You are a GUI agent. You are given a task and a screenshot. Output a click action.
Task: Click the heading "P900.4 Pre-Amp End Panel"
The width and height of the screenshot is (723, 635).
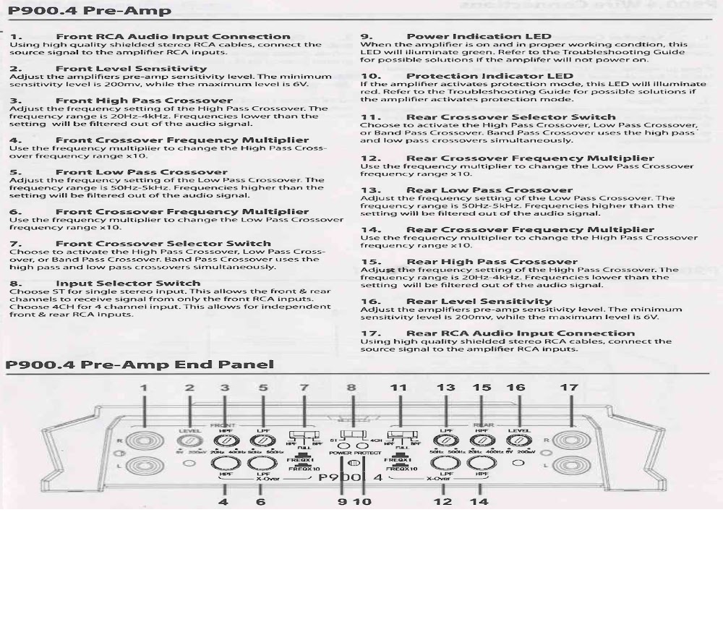click(x=140, y=365)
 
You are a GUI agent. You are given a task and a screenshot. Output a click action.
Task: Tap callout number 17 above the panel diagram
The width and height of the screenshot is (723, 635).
click(x=569, y=388)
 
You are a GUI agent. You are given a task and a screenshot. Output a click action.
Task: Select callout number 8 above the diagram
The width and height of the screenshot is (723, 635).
click(x=351, y=388)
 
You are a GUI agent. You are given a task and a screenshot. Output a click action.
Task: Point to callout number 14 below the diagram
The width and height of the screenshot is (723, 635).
click(x=479, y=501)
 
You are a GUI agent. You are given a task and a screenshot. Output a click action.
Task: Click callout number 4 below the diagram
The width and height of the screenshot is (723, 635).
click(x=223, y=501)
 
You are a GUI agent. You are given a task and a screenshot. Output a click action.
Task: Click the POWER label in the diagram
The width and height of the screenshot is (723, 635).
click(x=341, y=453)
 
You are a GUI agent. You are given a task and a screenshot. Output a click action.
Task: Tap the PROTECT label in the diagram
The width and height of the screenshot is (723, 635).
click(x=367, y=453)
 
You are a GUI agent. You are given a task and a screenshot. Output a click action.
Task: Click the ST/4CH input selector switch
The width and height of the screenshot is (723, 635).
click(x=351, y=438)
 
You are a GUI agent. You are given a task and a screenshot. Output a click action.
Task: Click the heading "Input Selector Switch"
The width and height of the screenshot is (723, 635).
click(x=128, y=284)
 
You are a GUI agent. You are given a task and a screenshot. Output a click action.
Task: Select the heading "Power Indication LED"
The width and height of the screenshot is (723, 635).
click(x=479, y=36)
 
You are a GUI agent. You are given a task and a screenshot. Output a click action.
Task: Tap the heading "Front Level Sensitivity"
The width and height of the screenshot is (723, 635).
click(x=131, y=69)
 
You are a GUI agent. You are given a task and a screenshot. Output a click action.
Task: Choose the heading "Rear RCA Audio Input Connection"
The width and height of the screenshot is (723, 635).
click(x=521, y=333)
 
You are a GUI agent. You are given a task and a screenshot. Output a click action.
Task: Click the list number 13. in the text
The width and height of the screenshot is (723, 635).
click(x=370, y=190)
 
